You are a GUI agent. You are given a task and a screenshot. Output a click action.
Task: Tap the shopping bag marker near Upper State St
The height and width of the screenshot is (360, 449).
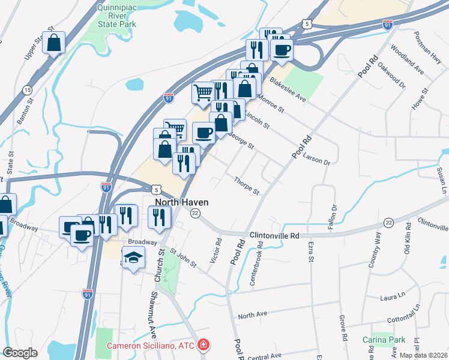(54, 43)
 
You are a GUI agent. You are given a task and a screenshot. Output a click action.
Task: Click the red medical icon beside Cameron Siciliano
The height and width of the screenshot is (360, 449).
(204, 345)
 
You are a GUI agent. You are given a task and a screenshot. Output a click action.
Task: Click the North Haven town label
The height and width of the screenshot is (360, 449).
(182, 202)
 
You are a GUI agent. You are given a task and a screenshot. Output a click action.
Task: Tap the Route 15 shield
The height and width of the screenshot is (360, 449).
(27, 90)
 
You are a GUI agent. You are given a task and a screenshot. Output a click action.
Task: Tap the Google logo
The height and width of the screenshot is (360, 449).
(20, 353)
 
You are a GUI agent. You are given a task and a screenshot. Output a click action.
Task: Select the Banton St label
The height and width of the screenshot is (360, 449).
(24, 112)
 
